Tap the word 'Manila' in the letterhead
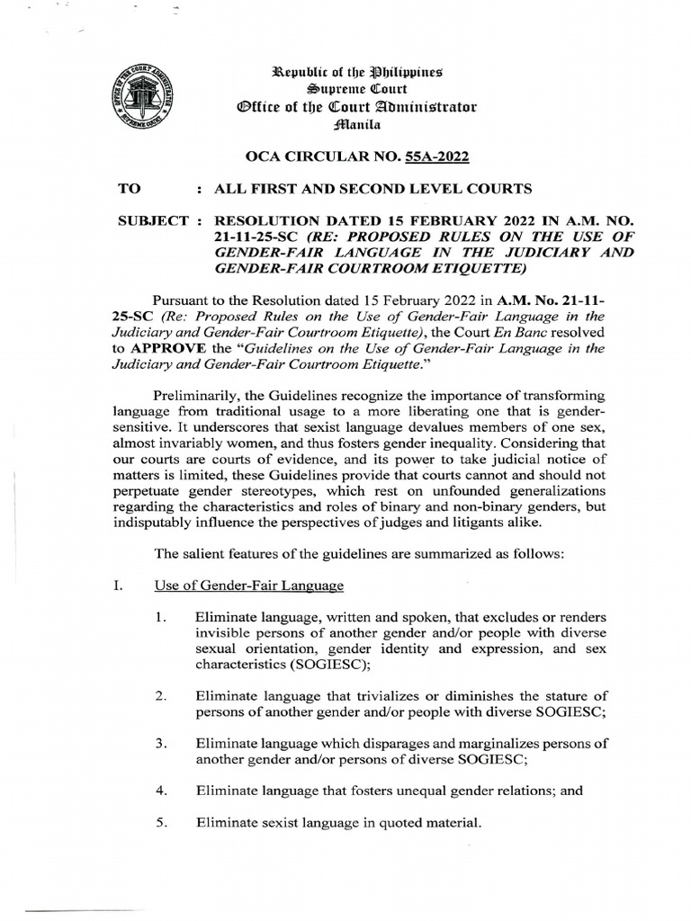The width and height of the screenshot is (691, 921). (352, 126)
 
